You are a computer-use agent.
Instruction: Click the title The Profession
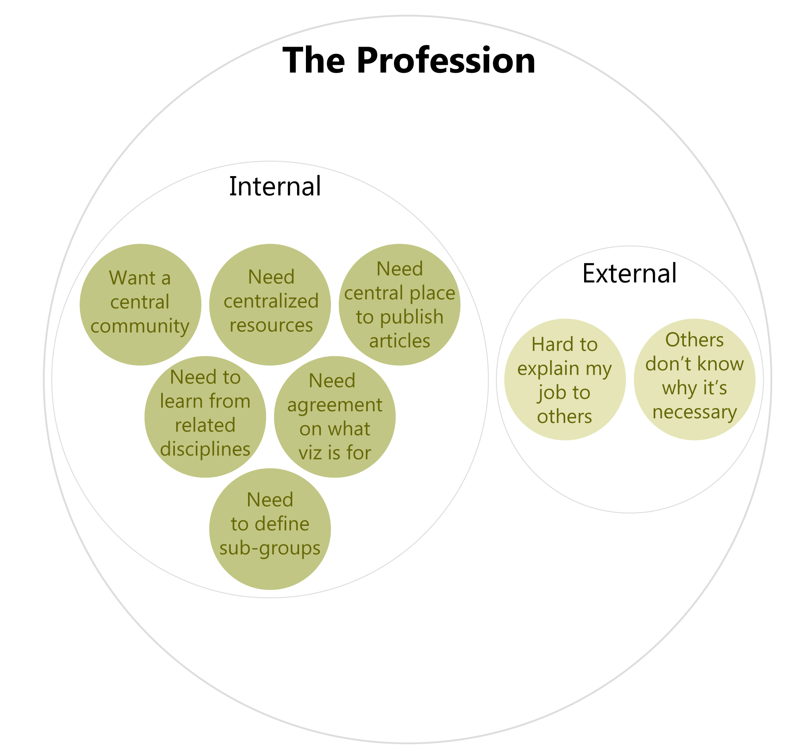(x=409, y=61)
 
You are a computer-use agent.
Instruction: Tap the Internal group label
(x=275, y=187)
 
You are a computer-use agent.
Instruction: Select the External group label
(x=629, y=273)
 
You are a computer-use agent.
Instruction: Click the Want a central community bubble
(x=140, y=304)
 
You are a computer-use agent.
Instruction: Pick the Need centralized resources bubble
(x=270, y=304)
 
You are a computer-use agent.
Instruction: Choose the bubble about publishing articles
(x=400, y=304)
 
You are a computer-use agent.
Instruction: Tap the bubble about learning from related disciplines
(x=205, y=417)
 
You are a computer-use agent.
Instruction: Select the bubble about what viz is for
(x=335, y=417)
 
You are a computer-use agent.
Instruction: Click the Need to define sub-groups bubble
(x=270, y=529)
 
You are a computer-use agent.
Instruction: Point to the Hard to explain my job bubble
(x=565, y=380)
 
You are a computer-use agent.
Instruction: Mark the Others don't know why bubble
(x=694, y=380)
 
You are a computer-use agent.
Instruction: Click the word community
(x=140, y=326)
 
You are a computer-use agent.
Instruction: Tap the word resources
(x=271, y=326)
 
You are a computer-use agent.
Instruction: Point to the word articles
(x=400, y=341)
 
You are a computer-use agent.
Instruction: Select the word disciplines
(x=205, y=449)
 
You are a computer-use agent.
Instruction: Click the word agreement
(x=335, y=405)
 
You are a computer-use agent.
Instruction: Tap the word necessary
(x=694, y=412)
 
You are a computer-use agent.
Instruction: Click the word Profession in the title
(x=446, y=61)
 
